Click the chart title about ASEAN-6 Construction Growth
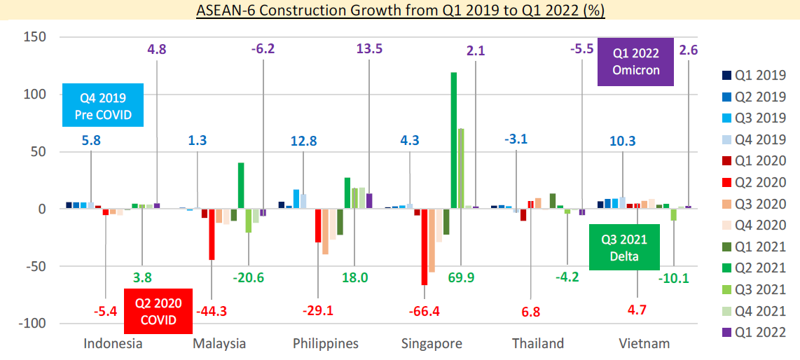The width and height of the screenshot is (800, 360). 400,11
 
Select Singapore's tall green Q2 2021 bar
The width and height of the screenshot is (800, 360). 454,140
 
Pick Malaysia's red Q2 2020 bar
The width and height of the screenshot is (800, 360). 212,234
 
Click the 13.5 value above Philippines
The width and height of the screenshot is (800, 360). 369,49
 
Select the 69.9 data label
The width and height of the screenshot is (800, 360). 461,278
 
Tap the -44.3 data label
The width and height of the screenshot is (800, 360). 212,310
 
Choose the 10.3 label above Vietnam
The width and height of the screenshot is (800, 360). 623,141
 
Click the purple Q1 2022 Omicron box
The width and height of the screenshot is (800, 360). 635,61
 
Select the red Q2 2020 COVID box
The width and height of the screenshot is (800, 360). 158,311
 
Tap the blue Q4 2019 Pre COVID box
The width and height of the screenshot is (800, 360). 102,105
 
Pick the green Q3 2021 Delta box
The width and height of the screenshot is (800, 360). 624,247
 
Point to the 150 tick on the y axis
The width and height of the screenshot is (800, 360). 35,36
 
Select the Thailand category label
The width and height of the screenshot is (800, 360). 538,343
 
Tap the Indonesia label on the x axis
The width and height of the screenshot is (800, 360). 113,343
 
